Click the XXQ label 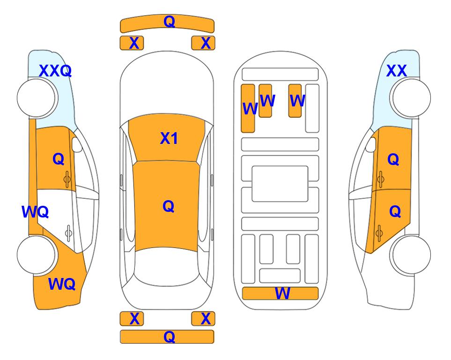coord(55,71)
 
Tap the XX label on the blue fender coord(397,71)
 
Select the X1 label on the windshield coord(169,138)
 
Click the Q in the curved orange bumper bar coord(169,22)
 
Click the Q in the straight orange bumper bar coord(169,337)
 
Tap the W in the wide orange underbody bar coord(282,293)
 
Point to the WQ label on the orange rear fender coord(62,284)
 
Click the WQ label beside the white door coord(35,212)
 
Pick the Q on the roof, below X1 coord(169,206)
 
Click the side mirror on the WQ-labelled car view coord(76,144)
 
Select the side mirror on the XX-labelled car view coord(370,144)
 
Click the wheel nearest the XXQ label coord(36,98)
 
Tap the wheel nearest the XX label coord(411,98)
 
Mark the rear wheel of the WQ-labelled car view coord(36,255)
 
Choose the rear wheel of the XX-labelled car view coord(411,255)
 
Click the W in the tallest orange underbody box coord(250,108)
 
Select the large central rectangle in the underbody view coord(280,184)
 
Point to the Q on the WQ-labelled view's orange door coord(59,159)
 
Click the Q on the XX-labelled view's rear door coord(395,211)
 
